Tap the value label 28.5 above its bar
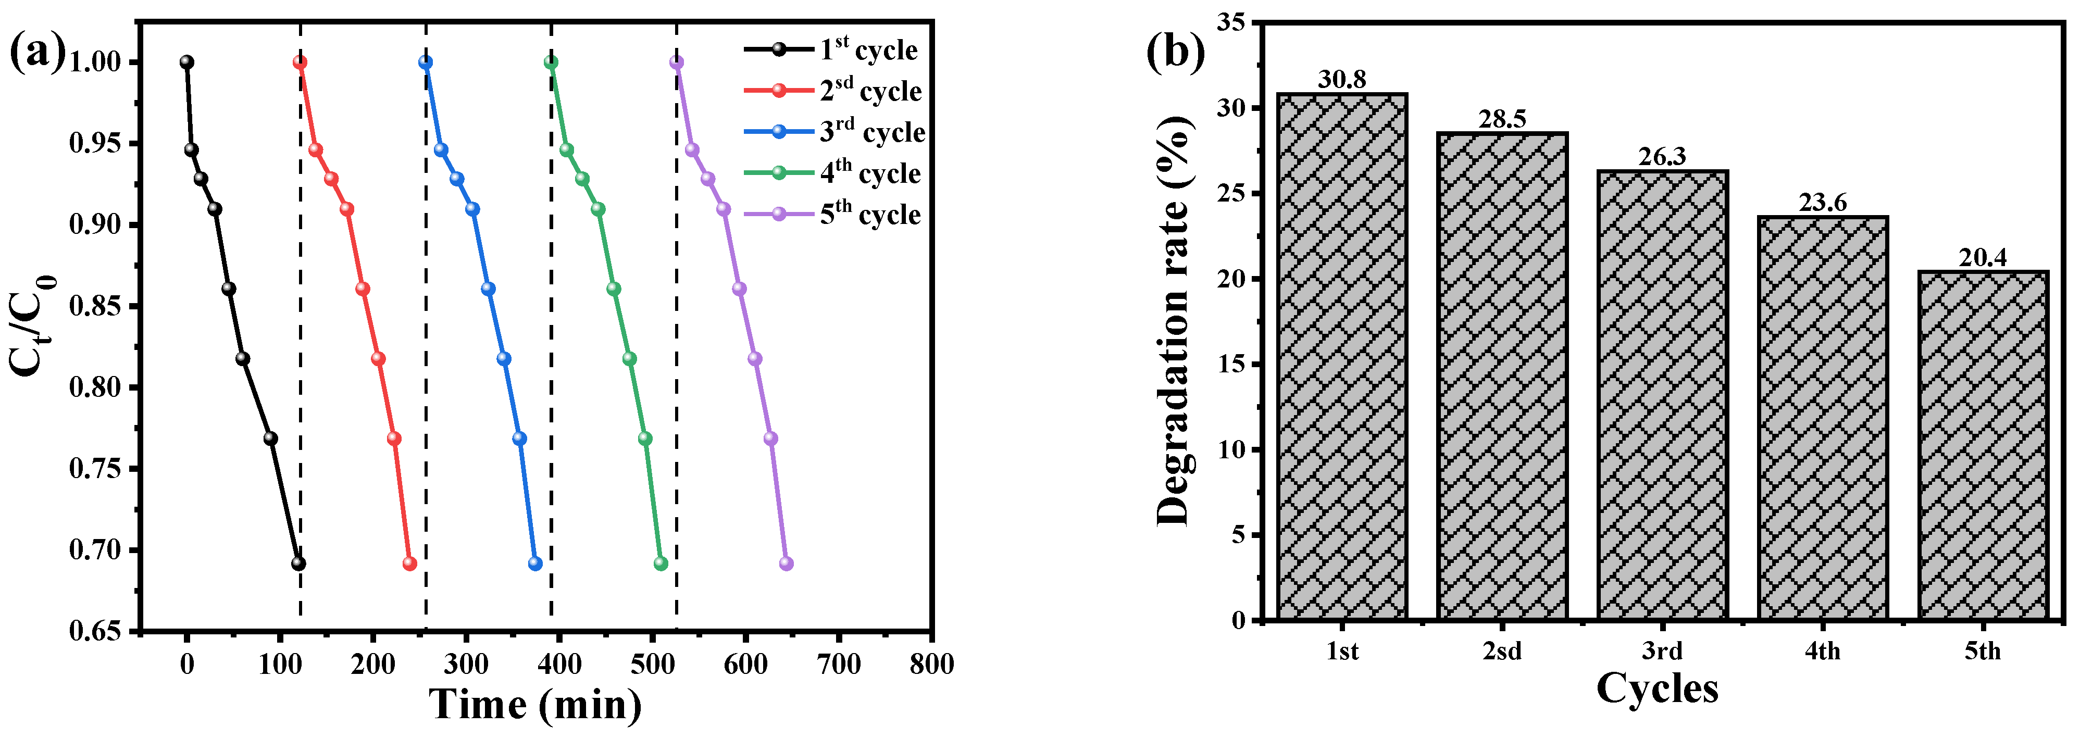click(1502, 120)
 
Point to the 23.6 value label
click(1823, 203)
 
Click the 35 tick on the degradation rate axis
click(1230, 22)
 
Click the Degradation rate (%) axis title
click(1173, 321)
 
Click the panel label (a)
click(36, 53)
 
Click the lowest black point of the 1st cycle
click(298, 563)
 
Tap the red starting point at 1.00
click(300, 62)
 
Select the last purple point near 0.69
click(786, 563)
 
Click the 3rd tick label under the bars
click(1662, 651)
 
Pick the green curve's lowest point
click(661, 563)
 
